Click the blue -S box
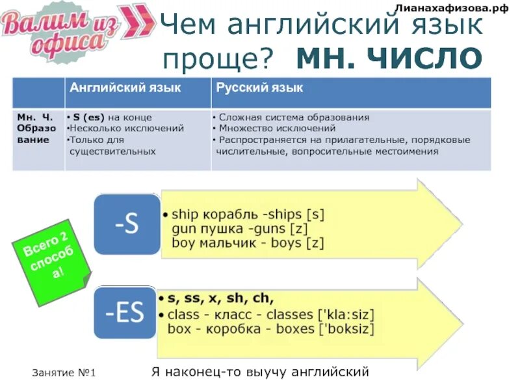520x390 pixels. [x=127, y=225]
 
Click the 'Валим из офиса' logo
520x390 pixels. [x=62, y=29]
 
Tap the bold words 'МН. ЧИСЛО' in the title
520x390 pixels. [x=389, y=59]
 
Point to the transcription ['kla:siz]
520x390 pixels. [x=347, y=315]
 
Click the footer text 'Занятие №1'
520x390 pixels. [x=64, y=373]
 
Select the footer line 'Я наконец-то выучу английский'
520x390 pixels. [x=260, y=372]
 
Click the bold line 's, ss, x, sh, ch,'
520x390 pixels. [x=221, y=299]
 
